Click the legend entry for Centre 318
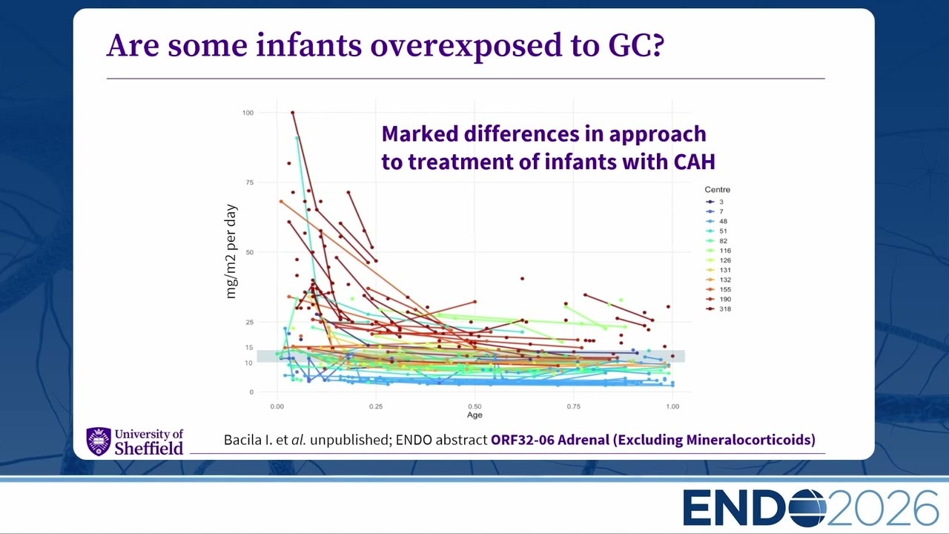click(719, 309)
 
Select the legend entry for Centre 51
click(717, 231)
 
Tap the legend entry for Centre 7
click(715, 211)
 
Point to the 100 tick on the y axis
click(248, 113)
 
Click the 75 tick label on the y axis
click(250, 182)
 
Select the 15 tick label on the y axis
click(249, 348)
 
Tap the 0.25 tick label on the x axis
click(376, 406)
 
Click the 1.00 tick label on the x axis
click(672, 406)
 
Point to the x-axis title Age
click(474, 415)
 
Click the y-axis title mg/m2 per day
click(231, 251)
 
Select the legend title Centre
click(717, 190)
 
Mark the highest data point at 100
click(293, 113)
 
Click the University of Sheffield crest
click(99, 441)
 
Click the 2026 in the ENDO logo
click(882, 508)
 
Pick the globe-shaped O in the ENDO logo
click(807, 508)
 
